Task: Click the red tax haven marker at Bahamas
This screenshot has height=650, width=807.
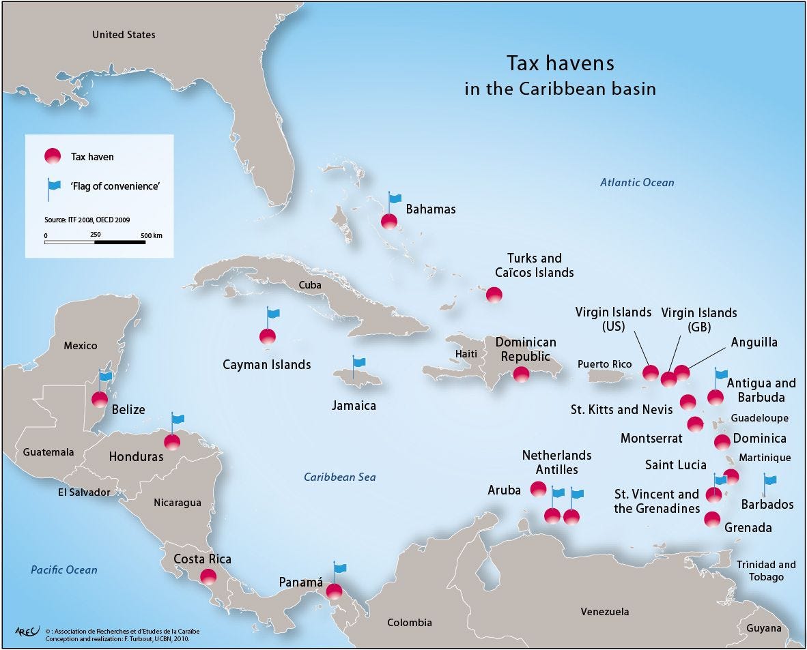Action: pyautogui.click(x=389, y=221)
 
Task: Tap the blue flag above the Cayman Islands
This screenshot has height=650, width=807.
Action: pyautogui.click(x=273, y=314)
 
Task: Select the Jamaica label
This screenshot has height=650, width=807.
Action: pyautogui.click(x=354, y=405)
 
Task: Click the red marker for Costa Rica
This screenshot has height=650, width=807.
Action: pyautogui.click(x=208, y=576)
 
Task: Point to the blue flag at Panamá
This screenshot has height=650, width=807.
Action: pyautogui.click(x=340, y=568)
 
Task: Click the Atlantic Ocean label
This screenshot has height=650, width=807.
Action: pyautogui.click(x=636, y=182)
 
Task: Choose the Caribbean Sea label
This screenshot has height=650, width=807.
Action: pyautogui.click(x=339, y=477)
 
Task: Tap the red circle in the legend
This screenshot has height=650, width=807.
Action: pyautogui.click(x=53, y=156)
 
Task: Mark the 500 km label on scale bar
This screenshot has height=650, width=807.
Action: pyautogui.click(x=152, y=235)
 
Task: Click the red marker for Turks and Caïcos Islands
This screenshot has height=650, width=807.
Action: pyautogui.click(x=494, y=295)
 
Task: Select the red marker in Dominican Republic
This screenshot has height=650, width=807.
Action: pyautogui.click(x=521, y=374)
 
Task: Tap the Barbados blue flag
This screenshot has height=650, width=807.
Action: pyautogui.click(x=769, y=481)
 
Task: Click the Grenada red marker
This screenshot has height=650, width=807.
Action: pyautogui.click(x=712, y=520)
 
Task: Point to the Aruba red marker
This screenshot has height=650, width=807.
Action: pyautogui.click(x=539, y=489)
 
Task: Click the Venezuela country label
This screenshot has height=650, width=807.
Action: pyautogui.click(x=605, y=611)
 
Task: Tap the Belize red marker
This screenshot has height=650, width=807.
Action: pyautogui.click(x=100, y=400)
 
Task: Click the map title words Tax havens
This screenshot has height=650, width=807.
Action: pyautogui.click(x=560, y=63)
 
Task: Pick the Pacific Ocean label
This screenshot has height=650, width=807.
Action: pyautogui.click(x=63, y=570)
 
